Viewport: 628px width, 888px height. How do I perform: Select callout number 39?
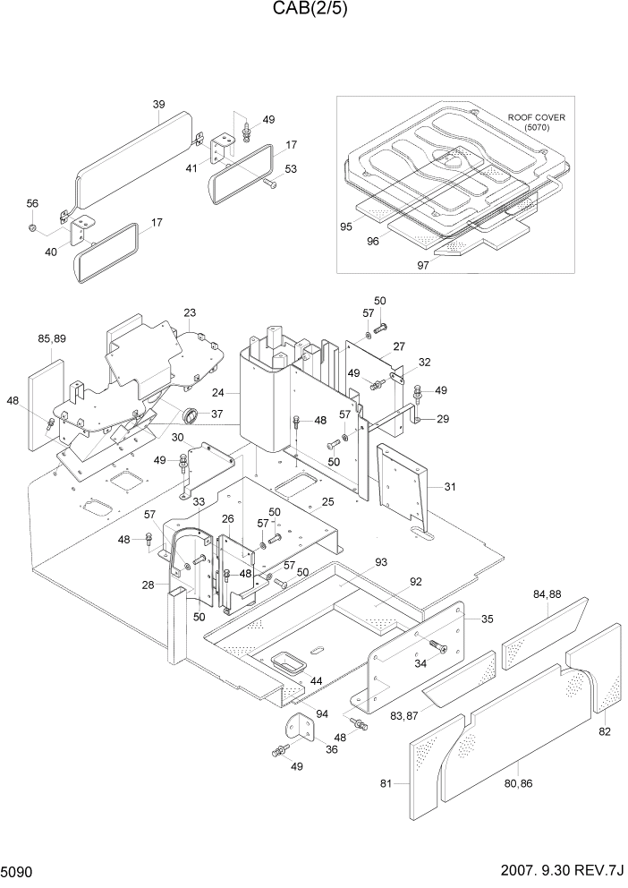click(x=158, y=105)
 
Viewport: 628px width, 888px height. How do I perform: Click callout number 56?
click(x=32, y=204)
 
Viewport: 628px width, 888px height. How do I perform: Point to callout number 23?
click(x=190, y=312)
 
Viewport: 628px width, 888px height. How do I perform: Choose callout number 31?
click(x=449, y=486)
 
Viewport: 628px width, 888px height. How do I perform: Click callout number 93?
click(x=381, y=562)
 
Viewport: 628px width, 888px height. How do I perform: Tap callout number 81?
click(x=386, y=784)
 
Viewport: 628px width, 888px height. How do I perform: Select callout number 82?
click(x=606, y=731)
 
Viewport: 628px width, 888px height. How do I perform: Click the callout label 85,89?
click(x=51, y=338)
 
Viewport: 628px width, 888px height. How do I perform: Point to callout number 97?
click(x=422, y=265)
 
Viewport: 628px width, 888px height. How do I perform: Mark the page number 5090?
click(x=18, y=871)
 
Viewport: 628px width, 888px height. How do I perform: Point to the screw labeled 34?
click(x=437, y=645)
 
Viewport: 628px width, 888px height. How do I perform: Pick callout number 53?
click(x=291, y=169)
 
